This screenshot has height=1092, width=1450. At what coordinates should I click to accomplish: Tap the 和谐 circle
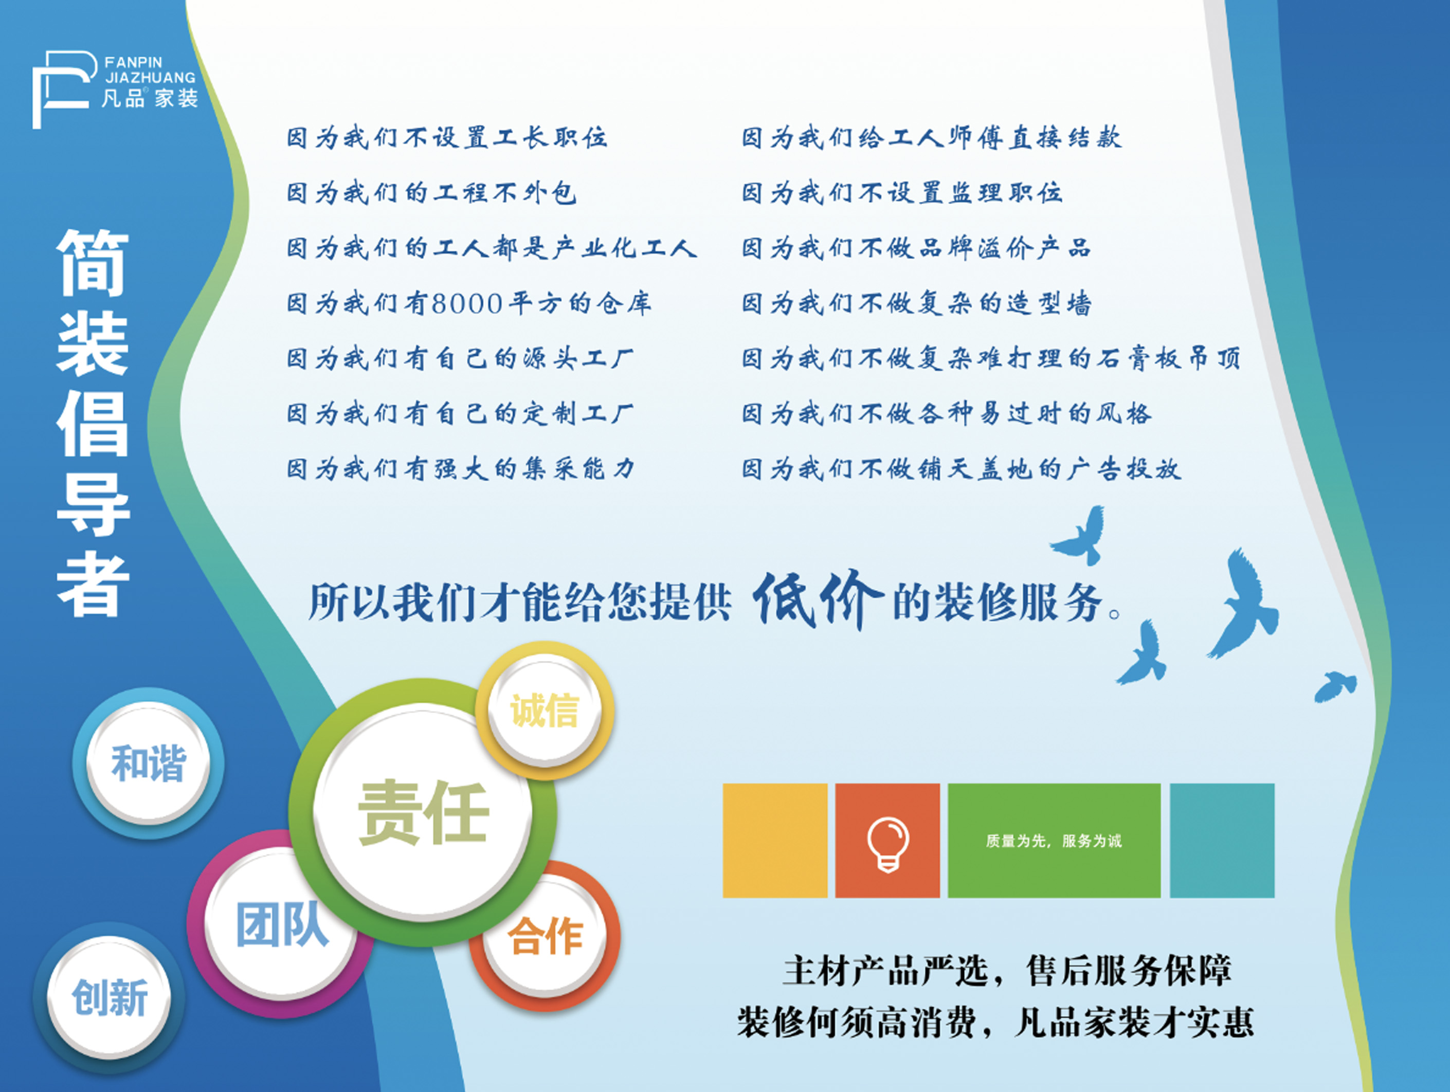(148, 763)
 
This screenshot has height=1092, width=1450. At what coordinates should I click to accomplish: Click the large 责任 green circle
(423, 813)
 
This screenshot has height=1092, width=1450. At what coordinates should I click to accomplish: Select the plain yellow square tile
(775, 840)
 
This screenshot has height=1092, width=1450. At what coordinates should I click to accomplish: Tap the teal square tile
(1222, 840)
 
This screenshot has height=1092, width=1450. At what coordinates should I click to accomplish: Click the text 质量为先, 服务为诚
(1054, 841)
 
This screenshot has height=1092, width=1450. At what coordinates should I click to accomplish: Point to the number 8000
(467, 303)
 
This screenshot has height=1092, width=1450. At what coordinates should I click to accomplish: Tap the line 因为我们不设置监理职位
(902, 193)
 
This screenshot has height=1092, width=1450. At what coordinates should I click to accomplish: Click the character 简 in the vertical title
(93, 263)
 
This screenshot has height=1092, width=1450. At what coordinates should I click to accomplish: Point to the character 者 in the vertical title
(93, 584)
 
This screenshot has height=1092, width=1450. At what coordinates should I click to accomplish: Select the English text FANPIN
(134, 62)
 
